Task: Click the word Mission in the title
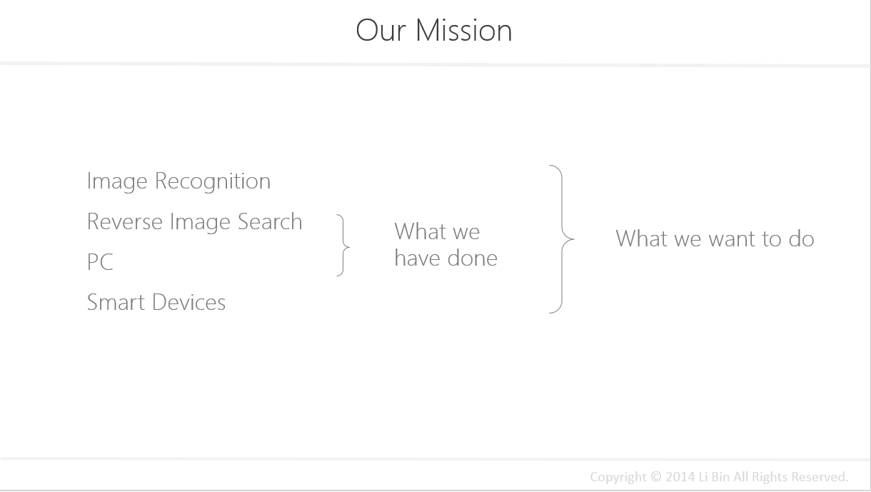[x=464, y=30]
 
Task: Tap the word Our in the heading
[x=381, y=30]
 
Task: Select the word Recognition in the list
[x=212, y=181]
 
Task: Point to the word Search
[x=270, y=221]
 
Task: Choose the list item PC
[x=100, y=262]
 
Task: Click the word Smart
[x=116, y=302]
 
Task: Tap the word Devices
[x=189, y=302]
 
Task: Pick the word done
[x=473, y=258]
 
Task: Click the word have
[x=417, y=258]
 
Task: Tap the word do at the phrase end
[x=802, y=238]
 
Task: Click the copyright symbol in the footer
[x=656, y=476]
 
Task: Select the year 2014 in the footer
[x=680, y=476]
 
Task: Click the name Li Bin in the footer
[x=714, y=476]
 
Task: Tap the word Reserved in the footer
[x=820, y=476]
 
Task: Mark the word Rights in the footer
[x=770, y=477]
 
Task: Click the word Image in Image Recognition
[x=117, y=181]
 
